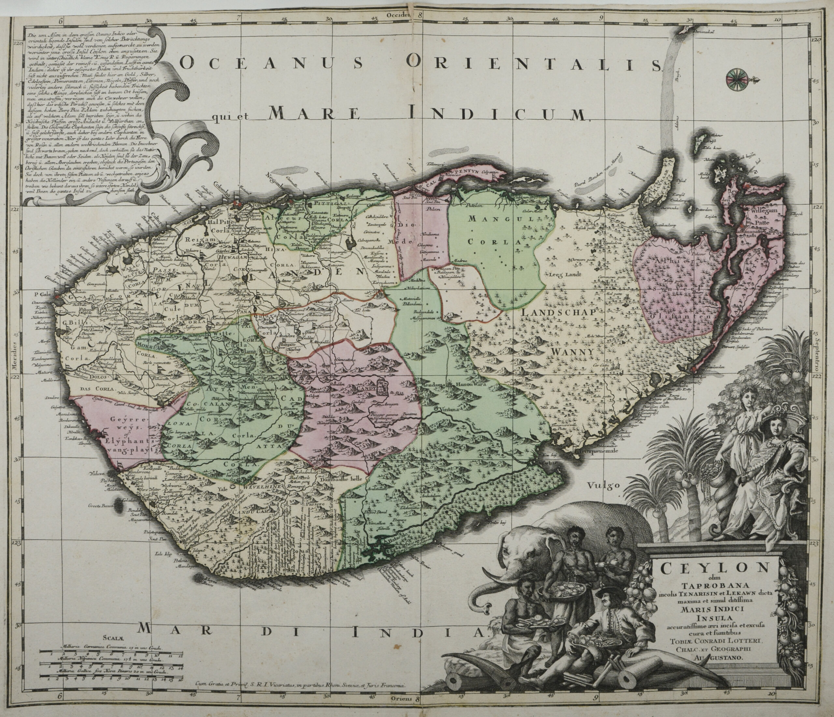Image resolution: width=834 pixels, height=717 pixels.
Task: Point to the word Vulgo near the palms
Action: (602, 485)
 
